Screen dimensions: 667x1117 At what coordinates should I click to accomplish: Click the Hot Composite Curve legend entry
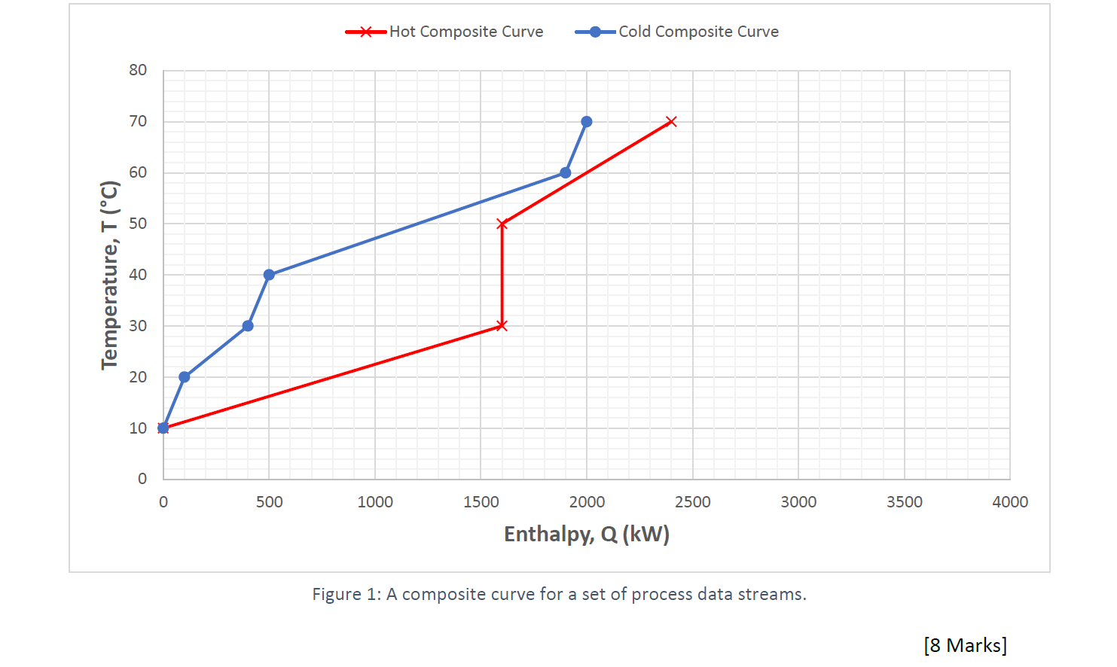[444, 32]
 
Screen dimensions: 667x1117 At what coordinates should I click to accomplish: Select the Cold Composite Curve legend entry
[677, 32]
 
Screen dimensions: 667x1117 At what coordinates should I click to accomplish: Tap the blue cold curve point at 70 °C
[587, 122]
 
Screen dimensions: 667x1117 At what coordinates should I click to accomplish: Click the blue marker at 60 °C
[566, 173]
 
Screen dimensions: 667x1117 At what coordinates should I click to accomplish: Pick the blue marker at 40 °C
[269, 275]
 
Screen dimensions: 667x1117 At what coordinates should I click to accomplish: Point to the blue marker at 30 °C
[248, 326]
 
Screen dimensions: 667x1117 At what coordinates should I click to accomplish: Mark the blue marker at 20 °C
[185, 377]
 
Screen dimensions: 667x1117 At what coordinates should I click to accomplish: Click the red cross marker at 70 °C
[672, 122]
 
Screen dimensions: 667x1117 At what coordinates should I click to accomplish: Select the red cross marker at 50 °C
[502, 224]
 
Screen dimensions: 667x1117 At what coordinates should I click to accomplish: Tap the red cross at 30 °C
[502, 326]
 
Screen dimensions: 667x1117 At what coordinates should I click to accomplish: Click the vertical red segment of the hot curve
[502, 275]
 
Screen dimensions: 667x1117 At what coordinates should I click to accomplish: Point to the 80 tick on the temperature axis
[138, 70]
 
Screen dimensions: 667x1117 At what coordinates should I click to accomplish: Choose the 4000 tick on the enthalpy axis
[1010, 502]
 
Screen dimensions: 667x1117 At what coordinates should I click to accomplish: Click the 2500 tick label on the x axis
[692, 502]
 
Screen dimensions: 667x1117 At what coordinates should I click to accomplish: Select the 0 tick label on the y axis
[142, 479]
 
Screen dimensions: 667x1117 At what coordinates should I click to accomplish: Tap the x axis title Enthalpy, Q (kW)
[587, 535]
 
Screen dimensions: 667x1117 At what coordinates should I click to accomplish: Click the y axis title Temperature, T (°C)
[110, 275]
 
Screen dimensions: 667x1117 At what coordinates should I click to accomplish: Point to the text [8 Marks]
[965, 645]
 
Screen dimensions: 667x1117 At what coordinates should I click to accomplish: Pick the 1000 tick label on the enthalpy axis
[375, 502]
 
